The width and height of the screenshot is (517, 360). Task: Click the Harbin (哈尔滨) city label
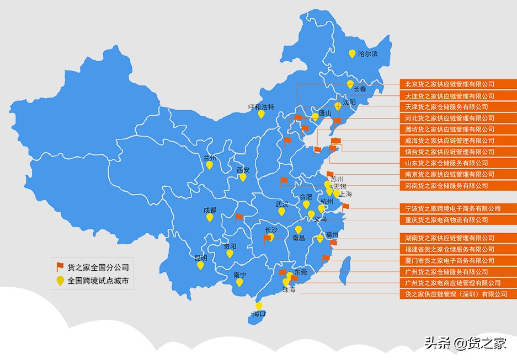(x=367, y=54)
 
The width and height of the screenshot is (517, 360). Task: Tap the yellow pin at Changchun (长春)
(x=350, y=84)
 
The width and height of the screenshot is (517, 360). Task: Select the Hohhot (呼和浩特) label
(x=261, y=107)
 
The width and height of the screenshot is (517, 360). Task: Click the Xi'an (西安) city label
(x=243, y=170)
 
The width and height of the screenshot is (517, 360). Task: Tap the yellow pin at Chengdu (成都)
(x=210, y=217)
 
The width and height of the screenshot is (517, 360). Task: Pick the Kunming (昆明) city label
(x=201, y=257)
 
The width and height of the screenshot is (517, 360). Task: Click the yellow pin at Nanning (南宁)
(x=239, y=282)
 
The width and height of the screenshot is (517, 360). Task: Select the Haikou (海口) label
(x=259, y=314)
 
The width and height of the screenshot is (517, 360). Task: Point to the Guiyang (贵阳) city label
(x=230, y=246)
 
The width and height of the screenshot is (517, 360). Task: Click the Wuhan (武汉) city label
(x=282, y=205)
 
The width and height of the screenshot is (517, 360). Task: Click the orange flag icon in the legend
(x=60, y=267)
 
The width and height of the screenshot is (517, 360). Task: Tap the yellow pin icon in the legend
(x=60, y=281)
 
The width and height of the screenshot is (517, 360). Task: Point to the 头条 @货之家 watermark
(x=465, y=343)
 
